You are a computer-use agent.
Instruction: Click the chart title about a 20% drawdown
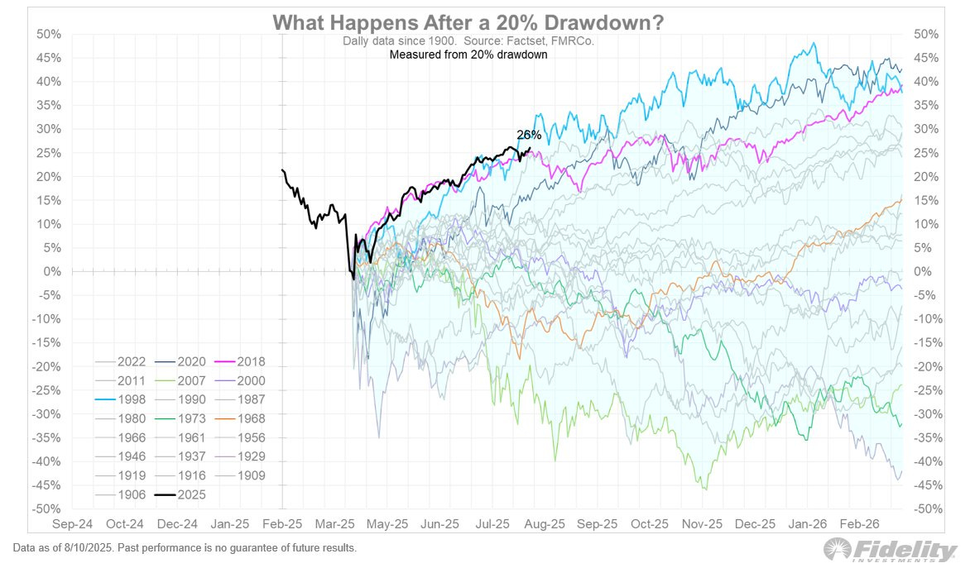pos(468,22)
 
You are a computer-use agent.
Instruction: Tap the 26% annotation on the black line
pos(529,135)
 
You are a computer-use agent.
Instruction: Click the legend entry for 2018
pos(249,361)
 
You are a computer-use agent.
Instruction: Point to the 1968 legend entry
pos(249,418)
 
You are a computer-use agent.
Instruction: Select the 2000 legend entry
pos(249,381)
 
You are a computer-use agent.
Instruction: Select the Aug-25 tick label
pos(545,524)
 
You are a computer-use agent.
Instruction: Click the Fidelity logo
pos(890,550)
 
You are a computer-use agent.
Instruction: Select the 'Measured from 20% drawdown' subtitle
pos(468,55)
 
